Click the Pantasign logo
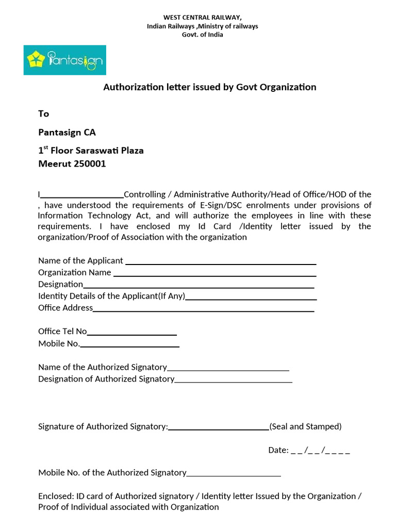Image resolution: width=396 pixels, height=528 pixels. [x=64, y=60]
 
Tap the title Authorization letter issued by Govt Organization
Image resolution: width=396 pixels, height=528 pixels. [x=210, y=87]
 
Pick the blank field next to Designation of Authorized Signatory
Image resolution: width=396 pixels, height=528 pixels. [x=234, y=381]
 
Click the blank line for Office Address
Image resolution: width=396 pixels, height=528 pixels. [x=204, y=309]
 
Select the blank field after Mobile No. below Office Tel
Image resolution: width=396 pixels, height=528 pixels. [x=130, y=345]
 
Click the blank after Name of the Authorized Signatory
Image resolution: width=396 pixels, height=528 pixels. [x=228, y=369]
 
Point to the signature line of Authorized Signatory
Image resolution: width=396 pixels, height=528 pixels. [x=219, y=428]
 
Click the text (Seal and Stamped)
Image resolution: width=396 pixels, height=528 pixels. [x=305, y=426]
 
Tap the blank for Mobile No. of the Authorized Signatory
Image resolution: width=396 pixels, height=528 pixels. [x=234, y=474]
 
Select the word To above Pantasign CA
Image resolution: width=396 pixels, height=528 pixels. [x=44, y=113]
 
